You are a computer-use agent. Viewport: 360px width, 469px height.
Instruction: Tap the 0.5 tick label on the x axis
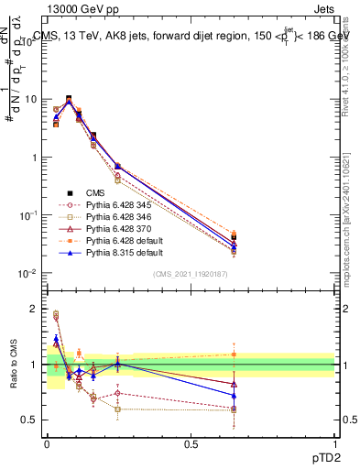[191, 443]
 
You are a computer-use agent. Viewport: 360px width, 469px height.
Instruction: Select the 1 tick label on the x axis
[334, 443]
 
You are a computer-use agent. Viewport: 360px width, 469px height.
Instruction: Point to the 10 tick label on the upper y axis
[28, 98]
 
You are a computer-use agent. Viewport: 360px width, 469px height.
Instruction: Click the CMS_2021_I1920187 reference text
[190, 273]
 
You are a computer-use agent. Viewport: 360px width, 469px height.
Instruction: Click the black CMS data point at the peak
[69, 98]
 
